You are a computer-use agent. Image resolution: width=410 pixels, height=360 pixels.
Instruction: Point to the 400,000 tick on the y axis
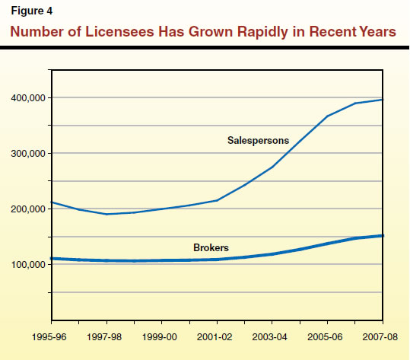pyautogui.click(x=27, y=98)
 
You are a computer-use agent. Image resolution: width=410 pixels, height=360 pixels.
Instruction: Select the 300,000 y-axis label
pyautogui.click(x=27, y=154)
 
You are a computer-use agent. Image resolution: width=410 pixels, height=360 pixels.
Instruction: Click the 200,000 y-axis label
pyautogui.click(x=27, y=209)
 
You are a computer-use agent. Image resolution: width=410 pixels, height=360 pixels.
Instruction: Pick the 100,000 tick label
pyautogui.click(x=27, y=265)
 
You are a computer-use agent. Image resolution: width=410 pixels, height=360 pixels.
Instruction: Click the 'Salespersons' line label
pyautogui.click(x=258, y=140)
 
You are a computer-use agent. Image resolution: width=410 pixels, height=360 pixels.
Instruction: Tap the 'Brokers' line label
pyautogui.click(x=211, y=248)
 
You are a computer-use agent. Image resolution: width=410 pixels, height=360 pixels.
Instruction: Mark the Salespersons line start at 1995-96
pyautogui.click(x=51, y=202)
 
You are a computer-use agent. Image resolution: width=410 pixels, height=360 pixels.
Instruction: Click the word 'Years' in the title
pyautogui.click(x=376, y=33)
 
